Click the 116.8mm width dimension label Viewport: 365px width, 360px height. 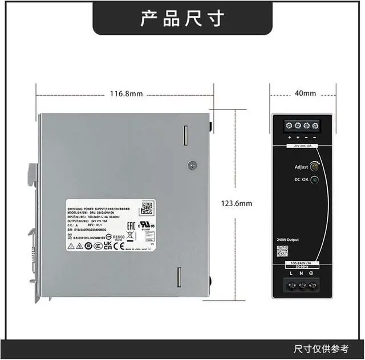[x=126, y=94]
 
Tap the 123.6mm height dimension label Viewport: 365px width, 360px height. [x=237, y=203]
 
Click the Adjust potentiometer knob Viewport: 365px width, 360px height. [x=314, y=166]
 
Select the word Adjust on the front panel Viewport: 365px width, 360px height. [x=301, y=167]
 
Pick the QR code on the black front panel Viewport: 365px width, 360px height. [x=282, y=251]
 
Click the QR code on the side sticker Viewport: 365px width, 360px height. [x=147, y=207]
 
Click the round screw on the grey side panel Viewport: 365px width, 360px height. [x=193, y=165]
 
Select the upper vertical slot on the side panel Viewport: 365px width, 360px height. [x=185, y=136]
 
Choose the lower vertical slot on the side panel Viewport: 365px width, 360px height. [x=179, y=277]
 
